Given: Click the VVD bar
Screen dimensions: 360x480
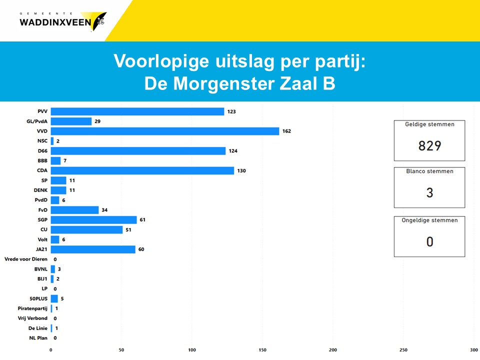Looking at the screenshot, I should (x=165, y=131).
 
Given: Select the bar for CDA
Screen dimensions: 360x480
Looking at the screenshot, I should (x=142, y=170).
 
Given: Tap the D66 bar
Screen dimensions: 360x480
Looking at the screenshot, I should (x=138, y=151).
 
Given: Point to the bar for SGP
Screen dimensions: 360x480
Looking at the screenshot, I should (x=93, y=220).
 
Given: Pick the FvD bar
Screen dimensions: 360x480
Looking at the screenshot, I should (x=74, y=210).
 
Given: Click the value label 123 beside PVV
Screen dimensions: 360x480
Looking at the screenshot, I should (x=231, y=111).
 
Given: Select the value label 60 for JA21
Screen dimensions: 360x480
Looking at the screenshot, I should (x=141, y=249).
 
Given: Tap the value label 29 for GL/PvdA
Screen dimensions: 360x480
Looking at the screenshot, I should (x=97, y=121).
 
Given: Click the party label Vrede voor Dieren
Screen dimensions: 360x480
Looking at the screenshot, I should (x=26, y=259).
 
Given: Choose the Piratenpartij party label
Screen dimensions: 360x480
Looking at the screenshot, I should (x=32, y=308).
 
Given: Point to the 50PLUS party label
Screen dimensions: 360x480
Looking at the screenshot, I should (x=38, y=298).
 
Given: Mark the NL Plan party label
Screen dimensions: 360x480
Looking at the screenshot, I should (x=38, y=338).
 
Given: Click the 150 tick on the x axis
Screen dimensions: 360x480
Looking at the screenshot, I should (x=262, y=350).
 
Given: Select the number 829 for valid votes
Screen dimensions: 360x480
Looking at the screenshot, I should (x=429, y=145).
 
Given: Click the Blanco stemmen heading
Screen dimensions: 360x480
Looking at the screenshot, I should (x=429, y=171).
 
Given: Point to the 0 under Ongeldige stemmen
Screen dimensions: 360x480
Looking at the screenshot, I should (x=429, y=242).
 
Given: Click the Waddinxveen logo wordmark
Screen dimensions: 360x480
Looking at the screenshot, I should (x=55, y=22).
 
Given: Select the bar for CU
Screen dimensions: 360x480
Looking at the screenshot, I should (x=86, y=230).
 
